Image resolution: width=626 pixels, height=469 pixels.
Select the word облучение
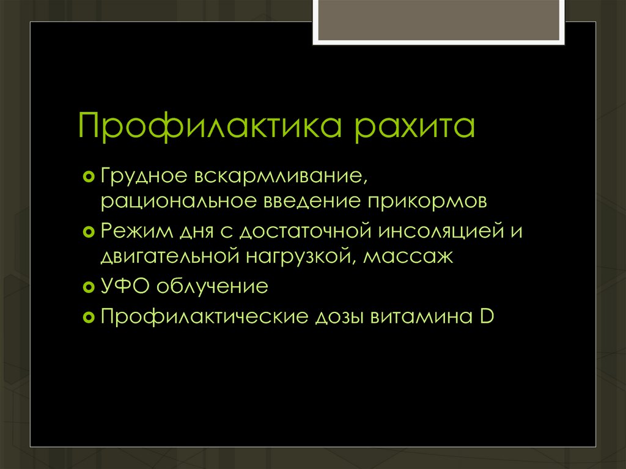click(210, 287)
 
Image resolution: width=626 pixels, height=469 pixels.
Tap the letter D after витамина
click(487, 317)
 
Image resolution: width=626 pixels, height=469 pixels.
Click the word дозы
click(338, 317)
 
